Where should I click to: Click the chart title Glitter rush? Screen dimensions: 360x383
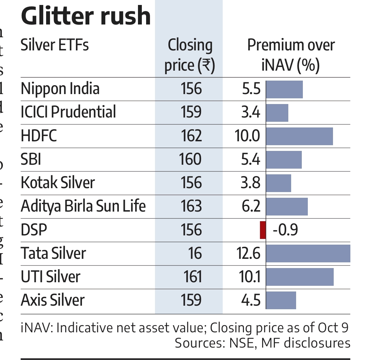86,16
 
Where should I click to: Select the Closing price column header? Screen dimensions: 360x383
190,56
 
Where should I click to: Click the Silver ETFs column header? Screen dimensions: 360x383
55,45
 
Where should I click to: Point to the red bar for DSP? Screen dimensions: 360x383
263,230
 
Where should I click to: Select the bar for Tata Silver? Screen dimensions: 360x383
308,253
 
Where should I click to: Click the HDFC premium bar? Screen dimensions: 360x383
299,136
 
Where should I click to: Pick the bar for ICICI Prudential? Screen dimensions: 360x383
277,113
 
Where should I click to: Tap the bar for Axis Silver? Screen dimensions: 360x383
281,300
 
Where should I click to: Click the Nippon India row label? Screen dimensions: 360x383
60,89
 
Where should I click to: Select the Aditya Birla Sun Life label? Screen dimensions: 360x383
83,206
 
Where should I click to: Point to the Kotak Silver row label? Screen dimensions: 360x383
58,183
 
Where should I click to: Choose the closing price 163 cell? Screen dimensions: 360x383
191,206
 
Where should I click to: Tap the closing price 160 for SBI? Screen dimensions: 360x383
190,159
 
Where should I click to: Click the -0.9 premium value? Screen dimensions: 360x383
285,230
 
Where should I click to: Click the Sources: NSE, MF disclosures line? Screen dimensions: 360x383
262,343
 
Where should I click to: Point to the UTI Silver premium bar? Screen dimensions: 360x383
300,277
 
